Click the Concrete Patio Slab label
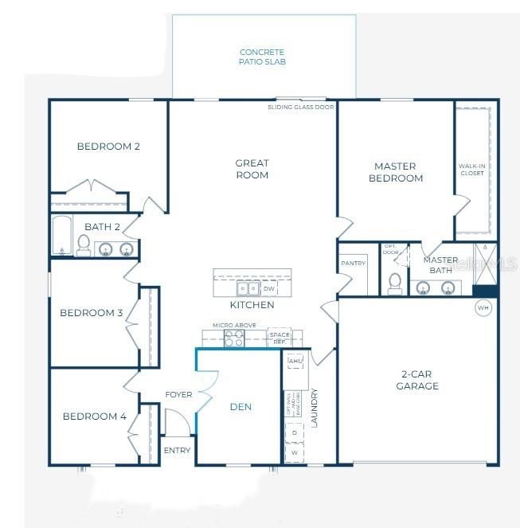[263, 57]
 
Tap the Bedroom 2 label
[108, 146]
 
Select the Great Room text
[252, 169]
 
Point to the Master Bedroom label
[396, 172]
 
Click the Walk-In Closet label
[471, 169]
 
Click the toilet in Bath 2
[84, 245]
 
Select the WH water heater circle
[483, 307]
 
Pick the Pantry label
[353, 263]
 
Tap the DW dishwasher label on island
[269, 289]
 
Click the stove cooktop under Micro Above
[233, 338]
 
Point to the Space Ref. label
[279, 336]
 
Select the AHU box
[296, 361]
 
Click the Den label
[240, 407]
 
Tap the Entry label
[177, 451]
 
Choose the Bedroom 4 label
[95, 416]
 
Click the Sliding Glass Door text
[301, 106]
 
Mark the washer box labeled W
[294, 452]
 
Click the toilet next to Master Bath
[393, 281]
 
